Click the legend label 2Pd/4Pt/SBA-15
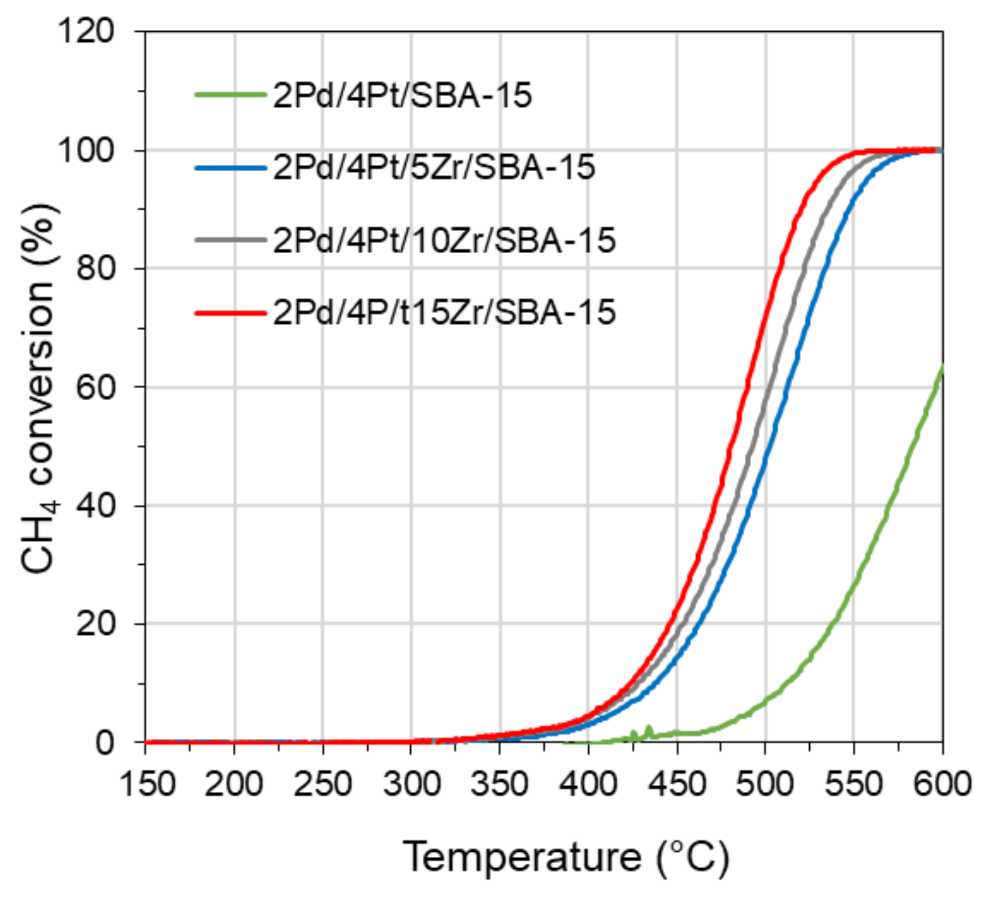point(402,95)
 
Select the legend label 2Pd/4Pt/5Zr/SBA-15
point(433,167)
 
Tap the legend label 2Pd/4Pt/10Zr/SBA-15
point(444,240)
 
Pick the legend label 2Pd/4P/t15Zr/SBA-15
point(444,312)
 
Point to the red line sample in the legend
point(230,313)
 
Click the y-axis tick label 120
point(86,31)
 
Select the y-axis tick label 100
point(86,150)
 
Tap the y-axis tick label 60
point(95,387)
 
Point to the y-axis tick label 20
point(95,624)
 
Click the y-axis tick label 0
point(105,743)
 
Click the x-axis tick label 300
point(411,785)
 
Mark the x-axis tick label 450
point(677,785)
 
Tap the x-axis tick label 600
point(942,785)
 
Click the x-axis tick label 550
point(853,785)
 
